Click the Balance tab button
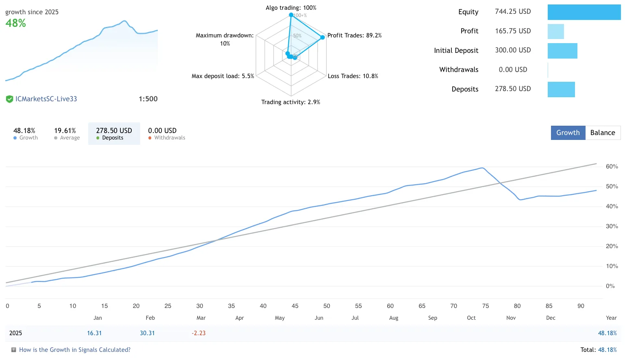(x=603, y=133)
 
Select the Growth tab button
(x=568, y=133)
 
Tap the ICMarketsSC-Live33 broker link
(x=46, y=99)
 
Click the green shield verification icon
(x=9, y=99)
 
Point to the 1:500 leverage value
(x=148, y=99)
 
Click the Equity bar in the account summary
(x=584, y=12)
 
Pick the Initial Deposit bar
(x=562, y=51)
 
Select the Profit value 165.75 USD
(x=513, y=31)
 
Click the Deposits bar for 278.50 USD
(x=561, y=89)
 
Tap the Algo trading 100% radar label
(x=291, y=8)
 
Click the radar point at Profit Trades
(x=322, y=37)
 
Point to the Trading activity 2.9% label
(x=291, y=102)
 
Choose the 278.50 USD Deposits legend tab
(x=114, y=133)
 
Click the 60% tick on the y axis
(x=612, y=166)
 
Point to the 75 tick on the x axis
(x=486, y=306)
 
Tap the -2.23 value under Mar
(x=198, y=333)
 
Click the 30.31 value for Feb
(x=147, y=333)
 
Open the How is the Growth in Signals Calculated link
(x=75, y=350)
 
